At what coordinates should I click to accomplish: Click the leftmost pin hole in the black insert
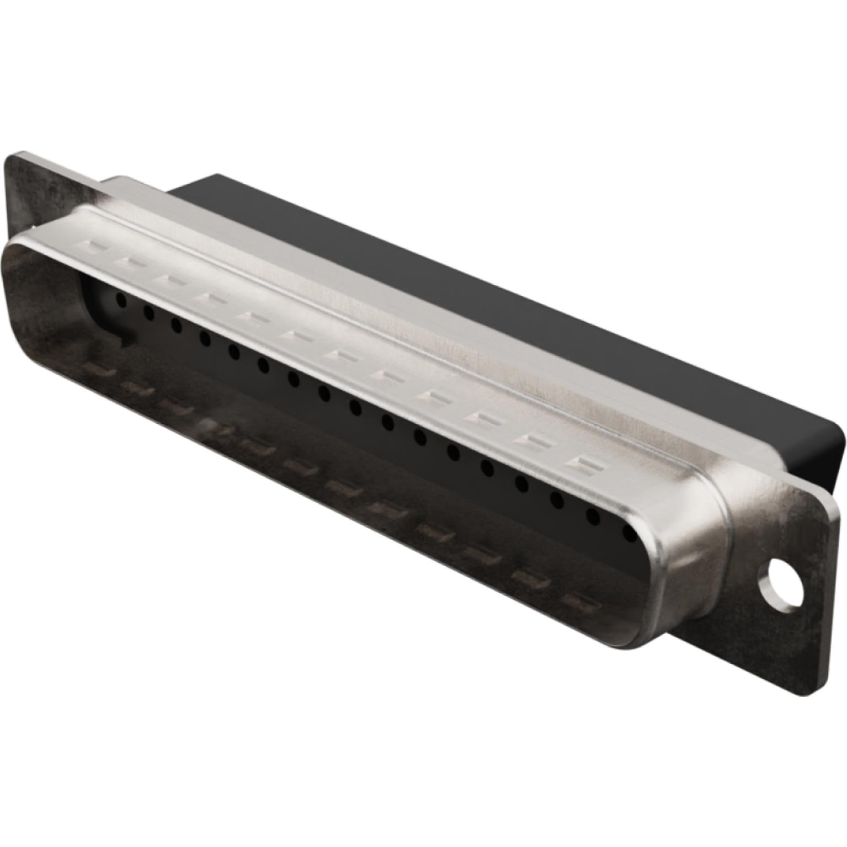(120, 300)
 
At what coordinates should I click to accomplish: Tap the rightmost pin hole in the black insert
(628, 533)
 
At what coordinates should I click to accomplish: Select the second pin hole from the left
(148, 313)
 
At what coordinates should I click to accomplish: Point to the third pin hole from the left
(177, 326)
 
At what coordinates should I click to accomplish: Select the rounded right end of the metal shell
(690, 552)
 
